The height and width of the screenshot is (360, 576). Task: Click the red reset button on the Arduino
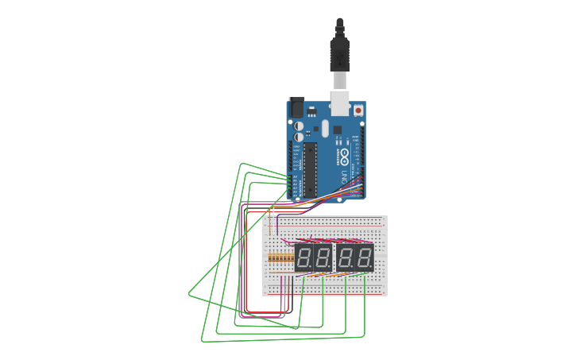[x=358, y=110]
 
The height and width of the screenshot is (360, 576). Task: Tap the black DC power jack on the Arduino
[x=296, y=106]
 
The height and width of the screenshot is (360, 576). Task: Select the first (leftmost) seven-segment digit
[x=303, y=257]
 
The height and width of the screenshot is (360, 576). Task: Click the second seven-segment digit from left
[x=323, y=257]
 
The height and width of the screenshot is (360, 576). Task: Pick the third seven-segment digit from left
[x=346, y=257]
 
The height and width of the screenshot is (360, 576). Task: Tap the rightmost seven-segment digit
[x=365, y=257]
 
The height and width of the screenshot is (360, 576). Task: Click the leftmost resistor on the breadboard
[x=270, y=258]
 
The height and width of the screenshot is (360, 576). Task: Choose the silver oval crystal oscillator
[x=323, y=129]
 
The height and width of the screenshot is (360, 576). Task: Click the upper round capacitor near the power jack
[x=298, y=126]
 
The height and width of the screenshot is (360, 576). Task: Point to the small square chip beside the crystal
[x=337, y=130]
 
